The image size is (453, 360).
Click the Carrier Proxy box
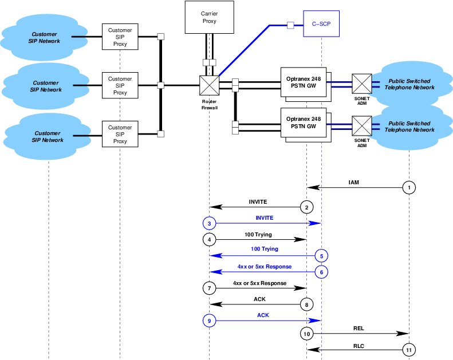209,17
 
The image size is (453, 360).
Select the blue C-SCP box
321,25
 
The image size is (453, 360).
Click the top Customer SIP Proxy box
120,37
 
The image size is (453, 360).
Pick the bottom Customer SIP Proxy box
120,134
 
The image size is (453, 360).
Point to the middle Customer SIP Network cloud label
46,86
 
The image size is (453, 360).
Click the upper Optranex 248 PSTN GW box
307,83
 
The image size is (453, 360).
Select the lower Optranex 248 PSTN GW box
307,123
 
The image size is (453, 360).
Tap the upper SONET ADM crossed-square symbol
361,84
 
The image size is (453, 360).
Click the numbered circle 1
409,187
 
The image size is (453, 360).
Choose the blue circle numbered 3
210,223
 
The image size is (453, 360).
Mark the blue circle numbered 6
321,272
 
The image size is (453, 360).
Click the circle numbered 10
306,333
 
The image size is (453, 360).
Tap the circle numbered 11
409,349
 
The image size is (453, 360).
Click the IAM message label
354,182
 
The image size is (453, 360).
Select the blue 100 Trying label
265,249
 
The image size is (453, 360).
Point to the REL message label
359,329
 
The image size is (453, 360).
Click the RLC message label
359,345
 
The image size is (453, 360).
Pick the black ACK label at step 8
259,299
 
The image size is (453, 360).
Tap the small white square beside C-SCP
290,25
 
